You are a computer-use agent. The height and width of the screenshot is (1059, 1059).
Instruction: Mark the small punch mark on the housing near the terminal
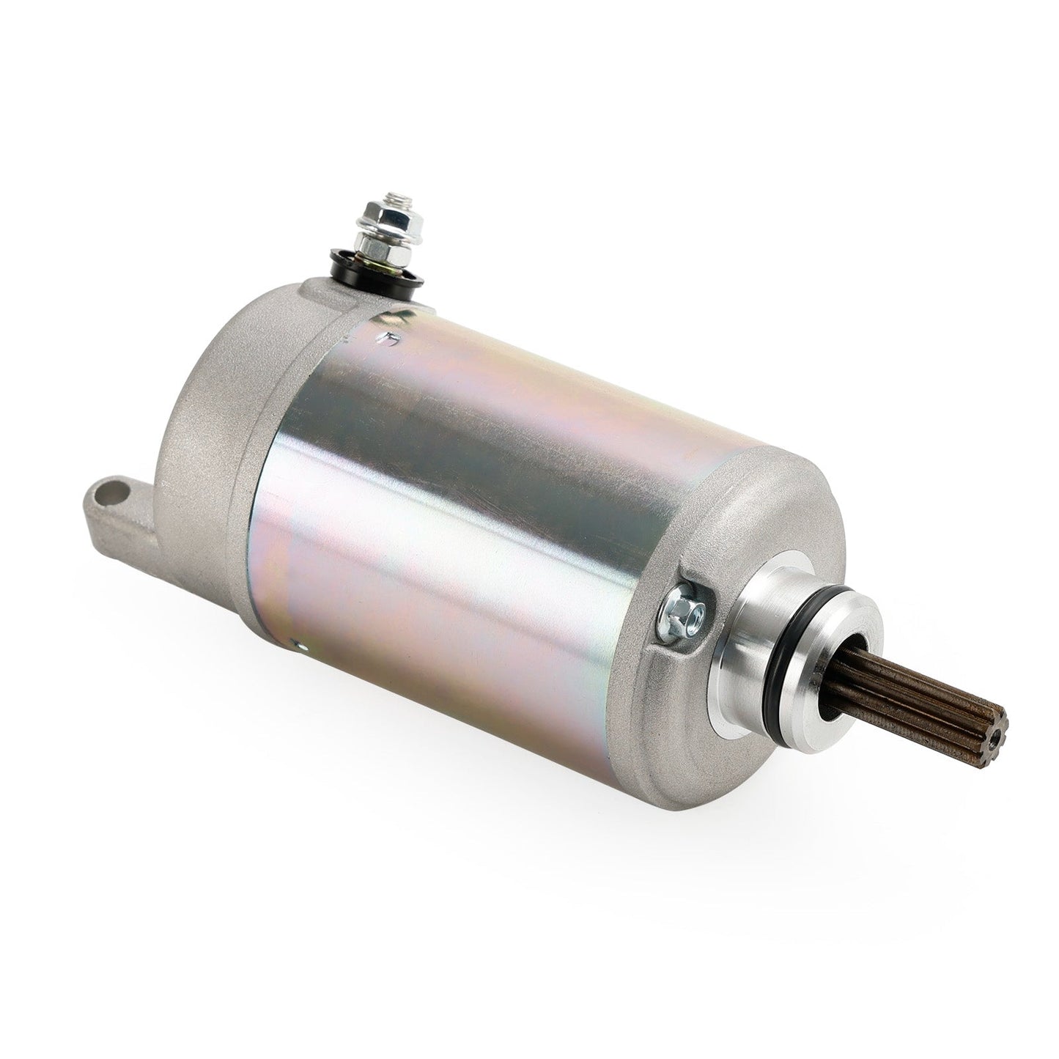coord(393,339)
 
